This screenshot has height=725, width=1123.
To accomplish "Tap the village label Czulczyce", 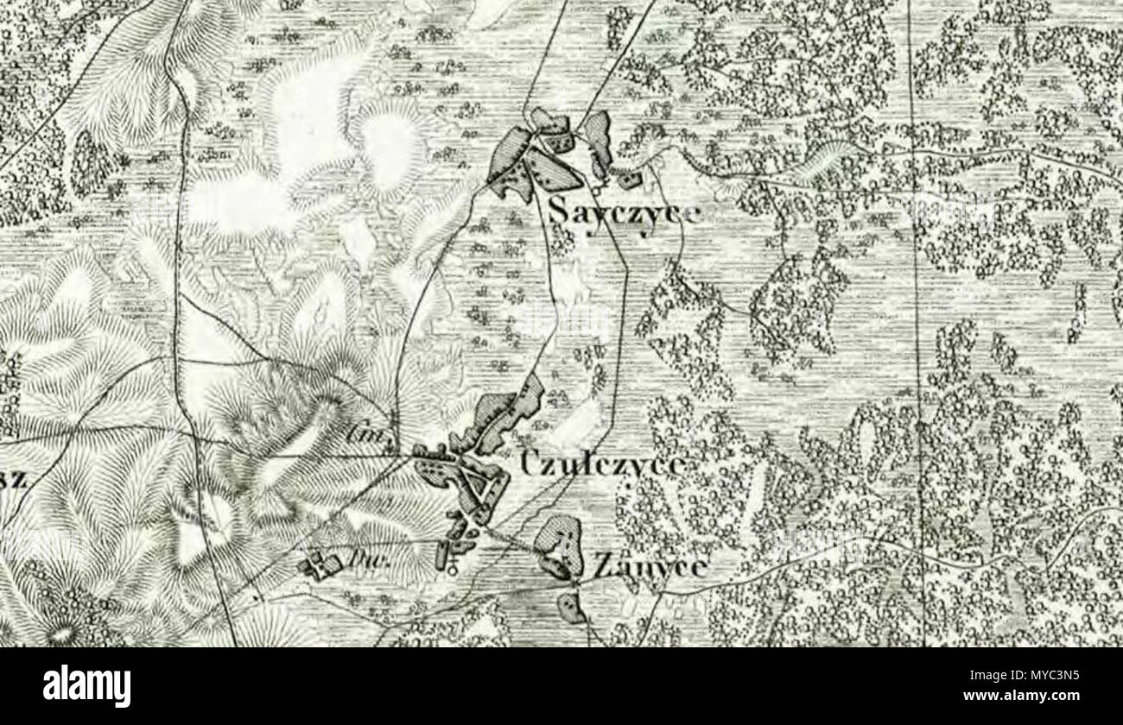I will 603,465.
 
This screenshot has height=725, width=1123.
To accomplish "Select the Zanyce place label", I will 650,567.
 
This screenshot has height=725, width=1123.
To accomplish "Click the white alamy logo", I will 86,686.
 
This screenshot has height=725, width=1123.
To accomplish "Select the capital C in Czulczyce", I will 531,464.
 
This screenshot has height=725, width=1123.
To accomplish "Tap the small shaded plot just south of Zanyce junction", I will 571,607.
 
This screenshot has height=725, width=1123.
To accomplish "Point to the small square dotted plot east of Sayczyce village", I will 628,180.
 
